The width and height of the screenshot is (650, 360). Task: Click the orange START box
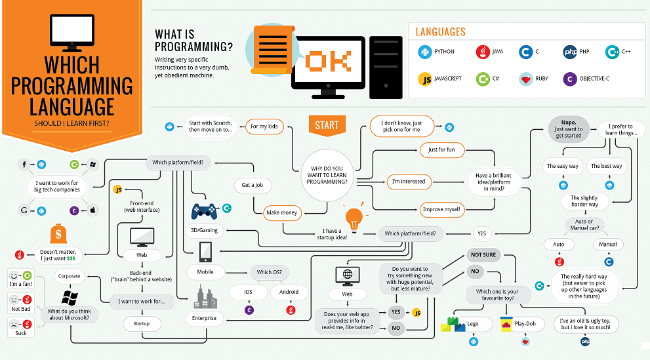click(327, 125)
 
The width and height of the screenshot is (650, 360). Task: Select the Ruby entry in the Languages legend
click(535, 79)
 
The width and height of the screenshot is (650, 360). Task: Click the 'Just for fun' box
click(441, 150)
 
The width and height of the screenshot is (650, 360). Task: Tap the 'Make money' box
click(282, 212)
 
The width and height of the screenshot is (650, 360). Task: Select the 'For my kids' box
click(264, 125)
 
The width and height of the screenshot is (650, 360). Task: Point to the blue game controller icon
click(204, 211)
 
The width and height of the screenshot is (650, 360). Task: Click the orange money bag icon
click(58, 235)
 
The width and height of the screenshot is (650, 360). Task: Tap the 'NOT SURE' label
click(483, 254)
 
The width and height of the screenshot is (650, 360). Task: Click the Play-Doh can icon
click(509, 324)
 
